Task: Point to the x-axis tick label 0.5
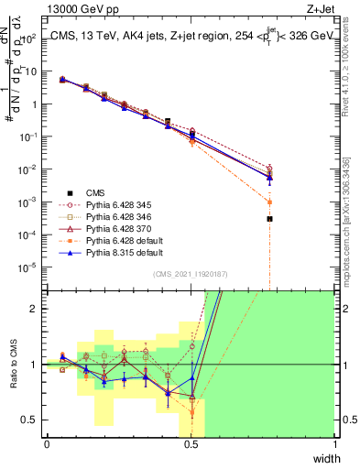(x=191, y=443)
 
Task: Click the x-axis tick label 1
(x=334, y=443)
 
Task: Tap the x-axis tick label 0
(x=47, y=443)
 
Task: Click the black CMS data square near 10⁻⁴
(x=269, y=219)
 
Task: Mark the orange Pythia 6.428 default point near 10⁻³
(x=269, y=202)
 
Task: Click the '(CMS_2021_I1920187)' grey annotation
(x=191, y=273)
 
